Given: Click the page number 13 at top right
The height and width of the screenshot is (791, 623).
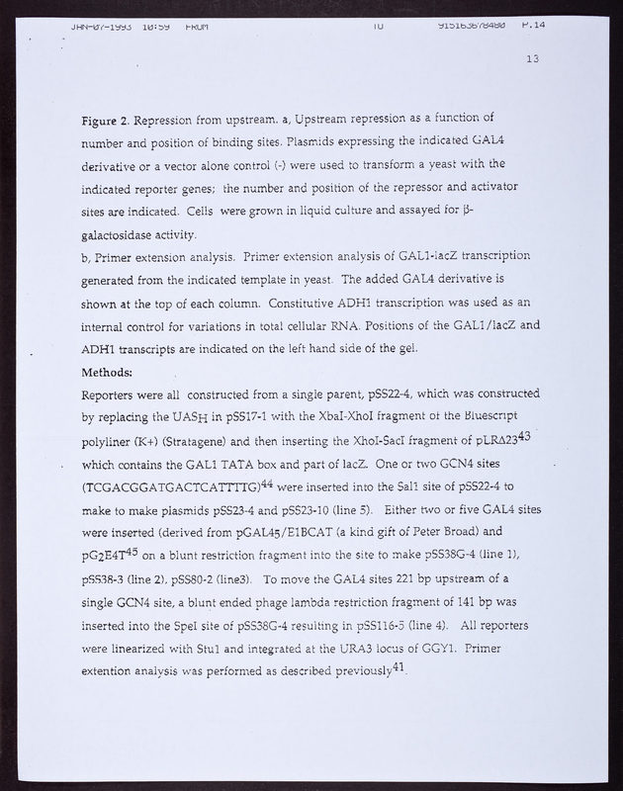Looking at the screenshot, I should pos(532,59).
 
